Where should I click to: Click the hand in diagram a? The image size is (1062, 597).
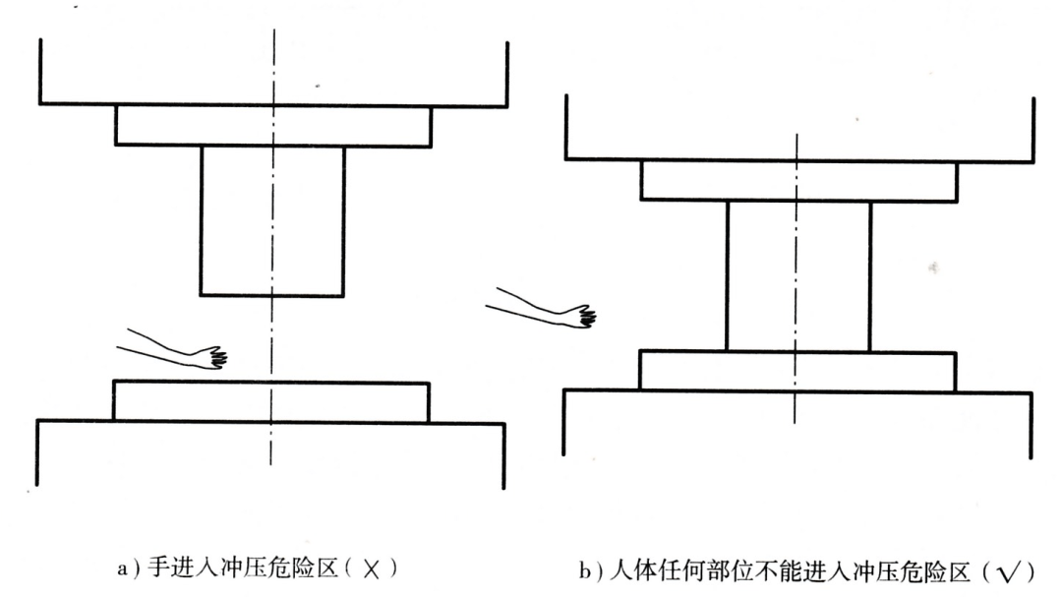(x=211, y=358)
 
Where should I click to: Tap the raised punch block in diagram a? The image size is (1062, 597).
(x=272, y=221)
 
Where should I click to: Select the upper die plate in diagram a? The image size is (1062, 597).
(x=273, y=125)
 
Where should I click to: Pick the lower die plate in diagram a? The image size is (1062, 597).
(x=271, y=402)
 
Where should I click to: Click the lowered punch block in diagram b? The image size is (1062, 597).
(x=797, y=275)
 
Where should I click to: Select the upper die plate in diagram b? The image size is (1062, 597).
(x=799, y=181)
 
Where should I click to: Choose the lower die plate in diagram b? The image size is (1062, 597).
(x=797, y=371)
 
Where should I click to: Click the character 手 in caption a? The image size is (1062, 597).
(x=158, y=567)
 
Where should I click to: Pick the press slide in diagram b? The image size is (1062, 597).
(x=799, y=129)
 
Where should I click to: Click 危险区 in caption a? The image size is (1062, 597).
(x=304, y=567)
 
